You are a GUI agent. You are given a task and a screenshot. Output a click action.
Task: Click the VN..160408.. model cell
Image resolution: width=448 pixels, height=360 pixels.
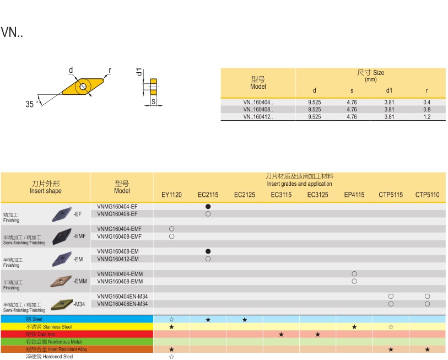click(258, 109)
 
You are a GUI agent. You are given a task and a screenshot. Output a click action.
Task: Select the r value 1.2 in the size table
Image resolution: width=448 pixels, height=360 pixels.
click(427, 117)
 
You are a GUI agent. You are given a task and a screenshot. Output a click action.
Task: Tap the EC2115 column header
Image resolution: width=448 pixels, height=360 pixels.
click(208, 195)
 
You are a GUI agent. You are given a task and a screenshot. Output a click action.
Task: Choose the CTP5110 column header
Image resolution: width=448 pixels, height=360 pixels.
click(427, 195)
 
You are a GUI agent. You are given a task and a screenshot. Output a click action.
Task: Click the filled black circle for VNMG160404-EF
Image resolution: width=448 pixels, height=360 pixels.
click(208, 206)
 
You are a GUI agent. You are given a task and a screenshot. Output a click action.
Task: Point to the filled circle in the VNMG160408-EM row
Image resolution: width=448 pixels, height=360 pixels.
click(208, 251)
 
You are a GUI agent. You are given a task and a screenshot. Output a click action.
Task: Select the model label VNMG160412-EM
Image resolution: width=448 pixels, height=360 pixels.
click(118, 259)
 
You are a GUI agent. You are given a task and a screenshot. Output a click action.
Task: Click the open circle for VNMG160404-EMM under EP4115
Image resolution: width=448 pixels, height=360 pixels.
click(354, 274)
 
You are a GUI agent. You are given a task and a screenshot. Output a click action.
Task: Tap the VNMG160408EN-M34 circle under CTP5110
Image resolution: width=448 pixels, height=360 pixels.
click(427, 304)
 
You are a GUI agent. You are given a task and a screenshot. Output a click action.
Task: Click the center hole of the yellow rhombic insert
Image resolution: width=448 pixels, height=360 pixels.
click(83, 87)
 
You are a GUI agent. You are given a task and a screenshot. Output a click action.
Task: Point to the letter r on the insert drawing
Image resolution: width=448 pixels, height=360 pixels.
click(110, 71)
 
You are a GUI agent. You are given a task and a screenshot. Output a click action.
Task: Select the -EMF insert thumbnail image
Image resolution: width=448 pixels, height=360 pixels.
click(61, 237)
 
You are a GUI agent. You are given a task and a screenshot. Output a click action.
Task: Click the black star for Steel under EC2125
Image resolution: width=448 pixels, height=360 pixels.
click(244, 319)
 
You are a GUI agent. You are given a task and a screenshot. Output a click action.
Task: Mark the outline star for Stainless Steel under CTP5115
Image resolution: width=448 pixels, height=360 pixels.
click(391, 327)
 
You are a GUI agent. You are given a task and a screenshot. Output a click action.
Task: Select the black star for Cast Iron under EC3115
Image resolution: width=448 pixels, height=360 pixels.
click(281, 334)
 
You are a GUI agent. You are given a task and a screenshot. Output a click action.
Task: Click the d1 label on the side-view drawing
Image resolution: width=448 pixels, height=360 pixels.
click(139, 72)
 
